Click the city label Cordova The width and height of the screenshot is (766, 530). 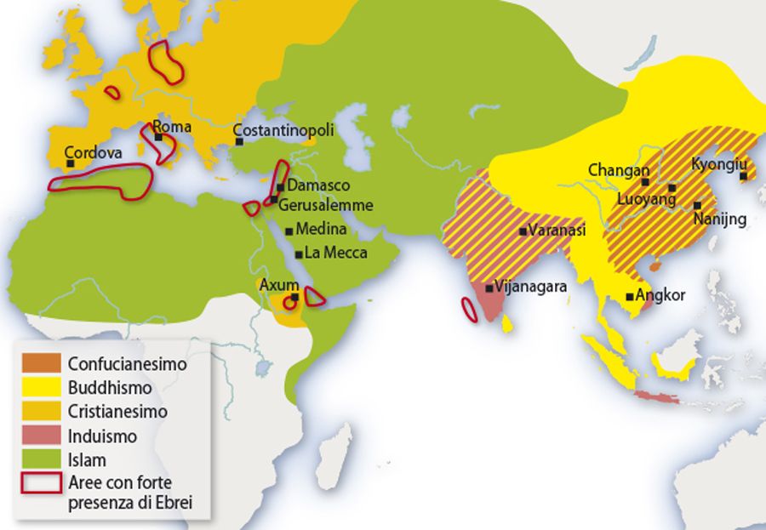point(93,152)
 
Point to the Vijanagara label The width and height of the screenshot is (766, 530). point(531,288)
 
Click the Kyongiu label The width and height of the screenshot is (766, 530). point(718,164)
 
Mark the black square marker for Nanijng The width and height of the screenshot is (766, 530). point(698,205)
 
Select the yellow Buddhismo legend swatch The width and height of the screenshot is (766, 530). point(42,387)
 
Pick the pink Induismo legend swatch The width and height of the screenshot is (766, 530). point(42,436)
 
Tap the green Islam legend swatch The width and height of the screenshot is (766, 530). point(42,460)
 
